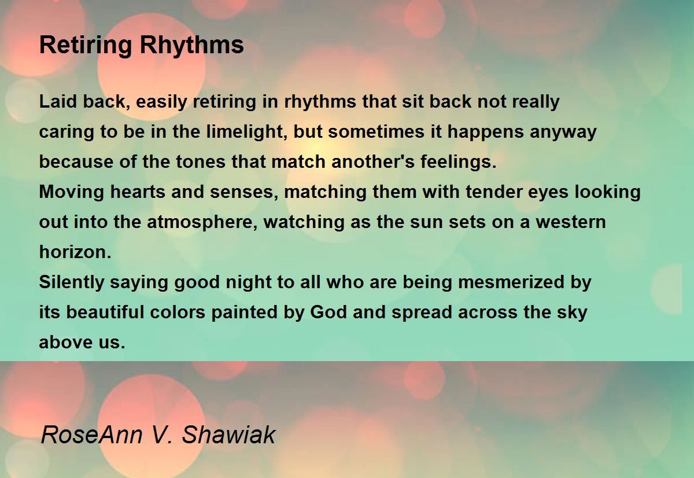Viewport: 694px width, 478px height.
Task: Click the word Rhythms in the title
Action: tap(192, 46)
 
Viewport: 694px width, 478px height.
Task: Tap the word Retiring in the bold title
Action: tap(86, 46)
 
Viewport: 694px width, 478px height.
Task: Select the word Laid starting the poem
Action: tap(58, 101)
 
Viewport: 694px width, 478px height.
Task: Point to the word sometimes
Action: tap(376, 132)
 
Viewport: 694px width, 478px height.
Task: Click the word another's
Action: tap(373, 161)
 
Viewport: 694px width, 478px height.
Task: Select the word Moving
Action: tap(72, 192)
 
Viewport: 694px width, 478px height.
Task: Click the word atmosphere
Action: tap(202, 223)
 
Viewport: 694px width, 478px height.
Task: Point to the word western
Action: tap(571, 222)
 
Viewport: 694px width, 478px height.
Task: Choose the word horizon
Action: tap(75, 252)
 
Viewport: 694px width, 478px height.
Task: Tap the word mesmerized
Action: tap(511, 282)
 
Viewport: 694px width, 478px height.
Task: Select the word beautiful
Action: tap(105, 312)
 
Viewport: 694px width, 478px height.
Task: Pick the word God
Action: tap(328, 312)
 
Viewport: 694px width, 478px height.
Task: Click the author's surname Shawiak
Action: tap(228, 435)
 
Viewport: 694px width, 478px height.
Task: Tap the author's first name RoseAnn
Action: tap(93, 435)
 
